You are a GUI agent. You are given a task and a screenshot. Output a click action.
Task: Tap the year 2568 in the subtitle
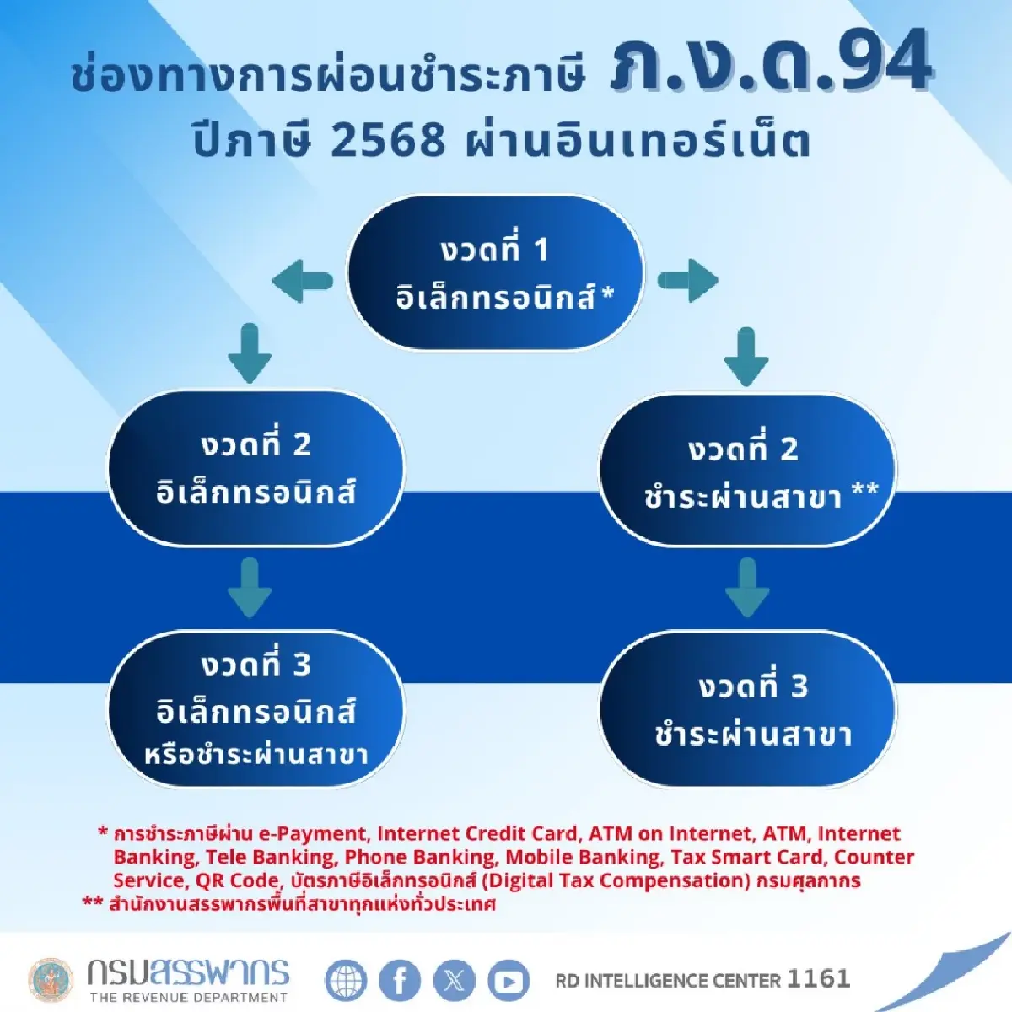pos(387,140)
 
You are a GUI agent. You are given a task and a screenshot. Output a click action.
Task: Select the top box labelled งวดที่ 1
pos(496,272)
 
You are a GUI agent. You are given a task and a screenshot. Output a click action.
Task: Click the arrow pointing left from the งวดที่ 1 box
pos(302,280)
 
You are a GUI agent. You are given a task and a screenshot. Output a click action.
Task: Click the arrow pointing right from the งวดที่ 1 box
pos(687,280)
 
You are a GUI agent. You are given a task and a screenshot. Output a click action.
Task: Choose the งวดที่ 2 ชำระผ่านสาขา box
pos(747,471)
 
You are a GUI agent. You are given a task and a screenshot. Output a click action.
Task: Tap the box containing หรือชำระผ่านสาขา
pos(256,708)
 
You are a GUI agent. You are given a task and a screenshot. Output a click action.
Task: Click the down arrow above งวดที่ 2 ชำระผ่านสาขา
pos(746,357)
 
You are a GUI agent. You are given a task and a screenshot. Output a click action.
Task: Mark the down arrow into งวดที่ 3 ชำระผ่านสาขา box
pos(746,588)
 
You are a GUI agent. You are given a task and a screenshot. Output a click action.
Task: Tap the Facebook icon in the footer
pos(400,980)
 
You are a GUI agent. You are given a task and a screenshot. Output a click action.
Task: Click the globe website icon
pos(346,980)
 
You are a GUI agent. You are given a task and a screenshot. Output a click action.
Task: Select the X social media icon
pos(454,980)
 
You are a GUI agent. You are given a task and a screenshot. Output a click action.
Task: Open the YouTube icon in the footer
pos(508,980)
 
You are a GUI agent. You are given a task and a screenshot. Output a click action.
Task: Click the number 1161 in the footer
pos(818,978)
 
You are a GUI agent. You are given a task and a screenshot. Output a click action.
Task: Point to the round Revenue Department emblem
pos(51,980)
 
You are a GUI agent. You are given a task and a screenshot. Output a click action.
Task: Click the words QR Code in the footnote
pos(237,880)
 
